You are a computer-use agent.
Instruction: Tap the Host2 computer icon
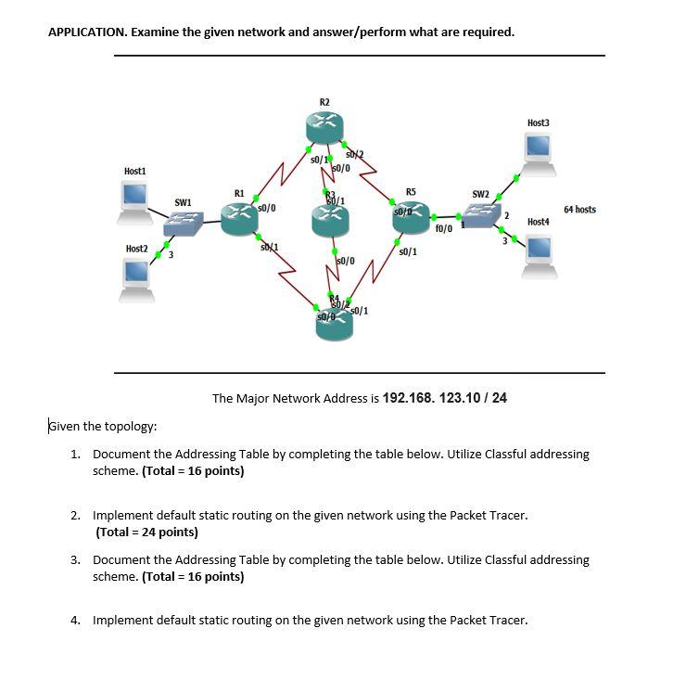(x=136, y=277)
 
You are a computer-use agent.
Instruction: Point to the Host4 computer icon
(x=538, y=254)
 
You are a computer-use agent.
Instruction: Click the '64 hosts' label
(x=579, y=210)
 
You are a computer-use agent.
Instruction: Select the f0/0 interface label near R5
(x=443, y=228)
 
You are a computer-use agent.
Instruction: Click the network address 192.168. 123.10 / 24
(x=445, y=398)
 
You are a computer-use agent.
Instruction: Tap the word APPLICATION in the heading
(x=87, y=32)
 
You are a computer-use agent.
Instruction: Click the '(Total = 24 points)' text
(x=146, y=532)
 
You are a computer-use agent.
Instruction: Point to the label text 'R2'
(x=324, y=101)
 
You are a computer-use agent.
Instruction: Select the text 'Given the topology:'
(x=102, y=427)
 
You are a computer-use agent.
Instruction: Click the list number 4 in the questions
(x=74, y=620)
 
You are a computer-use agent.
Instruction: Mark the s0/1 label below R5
(x=406, y=251)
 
